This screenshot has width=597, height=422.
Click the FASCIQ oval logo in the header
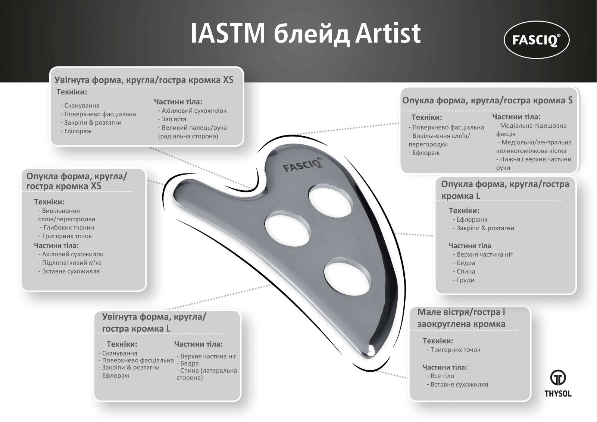click(537, 40)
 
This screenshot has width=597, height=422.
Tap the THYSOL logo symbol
click(558, 378)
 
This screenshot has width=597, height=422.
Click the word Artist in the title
click(388, 33)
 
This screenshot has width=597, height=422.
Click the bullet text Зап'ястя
click(172, 119)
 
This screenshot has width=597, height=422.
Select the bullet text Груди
click(464, 280)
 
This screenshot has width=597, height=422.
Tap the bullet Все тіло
click(441, 376)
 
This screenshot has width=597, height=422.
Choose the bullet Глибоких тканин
click(67, 228)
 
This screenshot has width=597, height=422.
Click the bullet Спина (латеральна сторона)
click(207, 374)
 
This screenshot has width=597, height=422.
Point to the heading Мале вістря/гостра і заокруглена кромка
click(461, 318)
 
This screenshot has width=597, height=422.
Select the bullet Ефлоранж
click(470, 220)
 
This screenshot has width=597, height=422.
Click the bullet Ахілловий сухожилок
click(192, 111)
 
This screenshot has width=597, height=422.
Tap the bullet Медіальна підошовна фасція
click(531, 130)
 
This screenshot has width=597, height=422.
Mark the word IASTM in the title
click(228, 34)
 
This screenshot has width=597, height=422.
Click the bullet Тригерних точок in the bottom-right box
click(454, 350)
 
